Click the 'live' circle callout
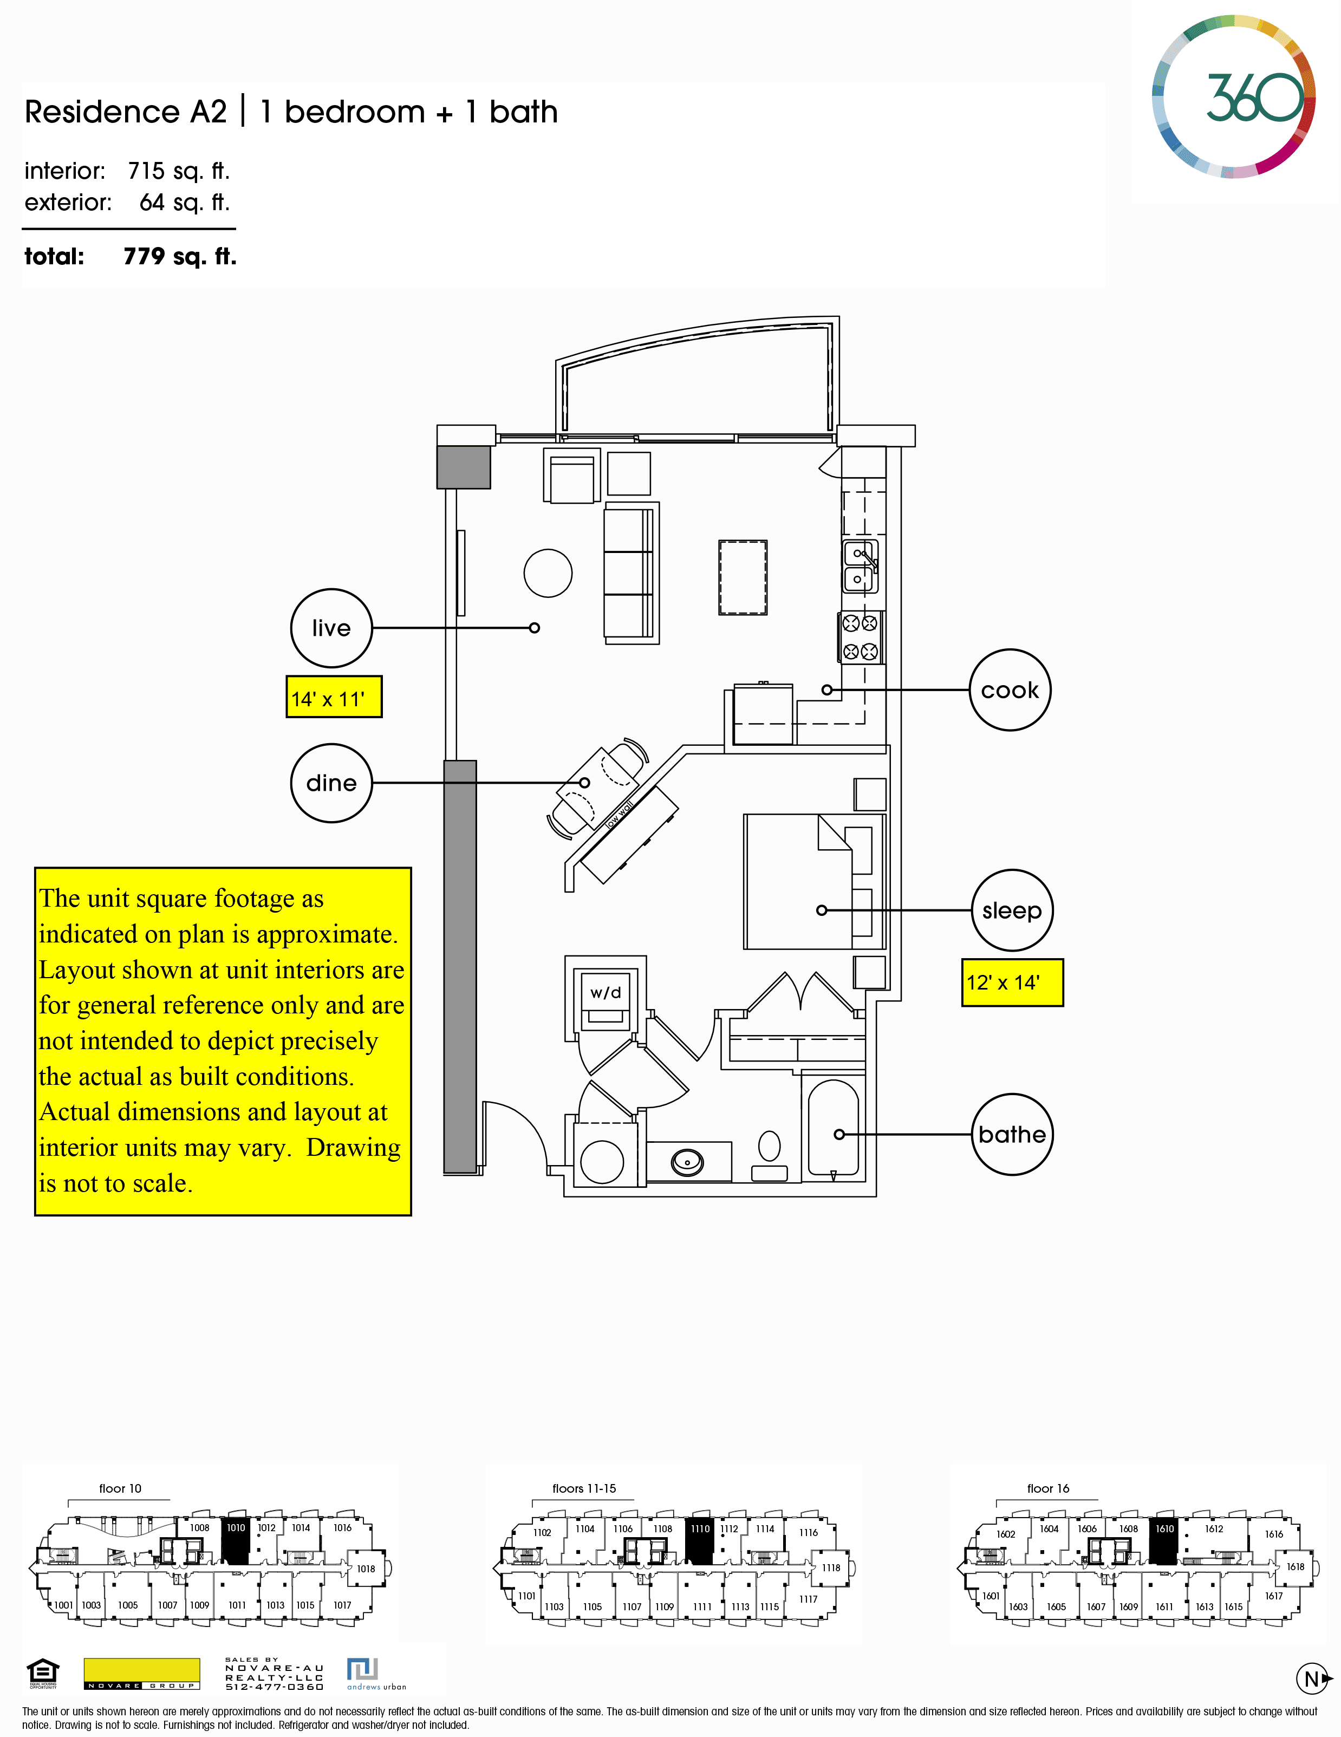pyautogui.click(x=331, y=628)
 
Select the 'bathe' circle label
pyautogui.click(x=1012, y=1134)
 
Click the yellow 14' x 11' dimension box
pyautogui.click(x=334, y=698)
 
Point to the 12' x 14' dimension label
pyautogui.click(x=1012, y=982)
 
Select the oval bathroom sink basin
pyautogui.click(x=687, y=1162)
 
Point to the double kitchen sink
pyautogui.click(x=860, y=567)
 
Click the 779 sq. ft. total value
pyautogui.click(x=180, y=256)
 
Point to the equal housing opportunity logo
pyautogui.click(x=43, y=1673)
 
